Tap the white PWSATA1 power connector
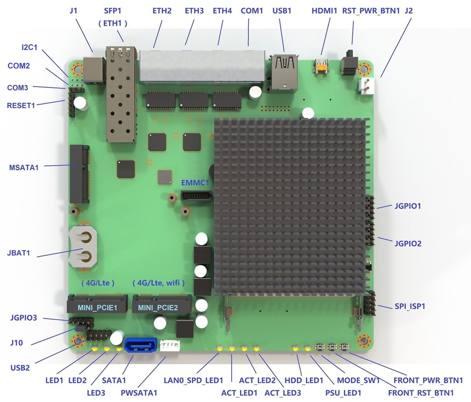pyautogui.click(x=170, y=345)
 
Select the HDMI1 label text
pyautogui.click(x=324, y=11)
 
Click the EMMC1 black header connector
pyautogui.click(x=195, y=195)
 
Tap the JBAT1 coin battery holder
pyautogui.click(x=82, y=247)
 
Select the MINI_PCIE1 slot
pyautogui.click(x=97, y=304)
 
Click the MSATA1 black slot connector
pyautogui.click(x=79, y=174)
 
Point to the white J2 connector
pyautogui.click(x=366, y=85)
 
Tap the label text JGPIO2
pyautogui.click(x=408, y=244)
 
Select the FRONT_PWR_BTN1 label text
pyautogui.click(x=428, y=380)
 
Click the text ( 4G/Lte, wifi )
pyautogui.click(x=159, y=282)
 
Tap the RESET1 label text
pyautogui.click(x=21, y=105)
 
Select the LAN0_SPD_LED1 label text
pyautogui.click(x=193, y=380)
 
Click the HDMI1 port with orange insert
pyautogui.click(x=321, y=67)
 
